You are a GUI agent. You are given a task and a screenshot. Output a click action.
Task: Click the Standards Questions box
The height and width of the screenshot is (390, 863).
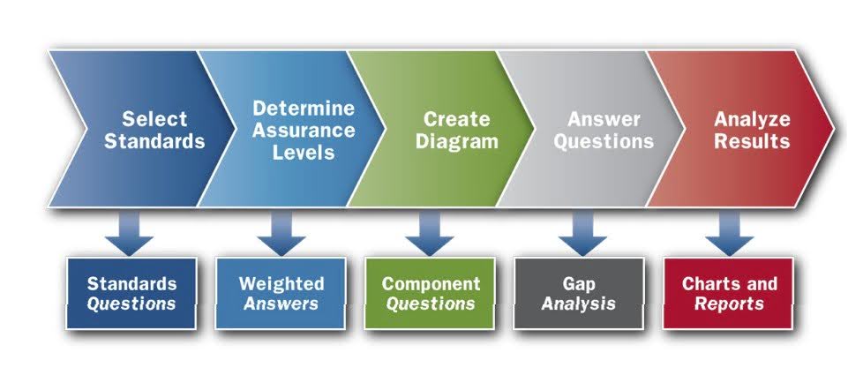[x=131, y=293]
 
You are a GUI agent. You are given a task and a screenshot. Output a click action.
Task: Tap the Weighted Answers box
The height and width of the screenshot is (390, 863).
[x=281, y=293]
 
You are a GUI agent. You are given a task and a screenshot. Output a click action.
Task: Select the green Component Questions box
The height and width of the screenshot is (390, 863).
[x=431, y=293]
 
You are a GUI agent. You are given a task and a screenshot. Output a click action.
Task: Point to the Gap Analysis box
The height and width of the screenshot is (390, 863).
[x=579, y=293]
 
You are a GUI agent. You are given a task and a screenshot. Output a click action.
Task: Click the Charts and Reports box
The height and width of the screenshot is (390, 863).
[x=730, y=293]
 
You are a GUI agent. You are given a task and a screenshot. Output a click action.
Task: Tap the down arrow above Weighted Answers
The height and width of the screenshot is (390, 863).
[x=281, y=235]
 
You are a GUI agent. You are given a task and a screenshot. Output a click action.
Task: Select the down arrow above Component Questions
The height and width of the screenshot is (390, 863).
[x=430, y=235]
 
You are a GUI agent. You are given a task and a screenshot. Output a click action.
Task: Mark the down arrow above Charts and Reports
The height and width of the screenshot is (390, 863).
[x=730, y=235]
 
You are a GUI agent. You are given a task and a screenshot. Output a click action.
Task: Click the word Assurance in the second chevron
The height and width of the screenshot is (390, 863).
[x=303, y=130]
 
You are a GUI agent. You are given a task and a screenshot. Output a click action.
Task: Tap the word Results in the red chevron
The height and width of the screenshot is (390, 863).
[x=752, y=141]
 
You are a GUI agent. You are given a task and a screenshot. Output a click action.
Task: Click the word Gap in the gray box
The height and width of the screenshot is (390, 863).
[x=579, y=283]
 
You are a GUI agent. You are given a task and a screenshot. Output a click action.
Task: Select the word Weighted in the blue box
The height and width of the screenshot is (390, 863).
[x=281, y=283]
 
